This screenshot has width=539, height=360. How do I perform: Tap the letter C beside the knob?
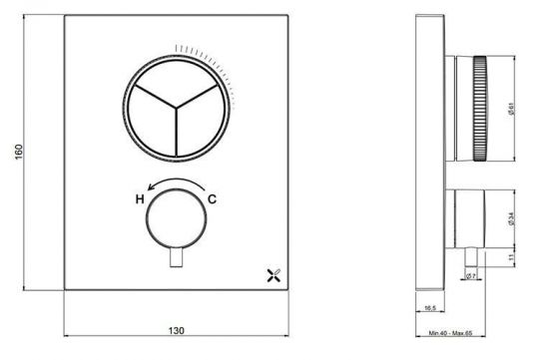click(213, 199)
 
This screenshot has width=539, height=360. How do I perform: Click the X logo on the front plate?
click(273, 271)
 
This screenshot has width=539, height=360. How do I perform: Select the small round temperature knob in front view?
click(176, 217)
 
